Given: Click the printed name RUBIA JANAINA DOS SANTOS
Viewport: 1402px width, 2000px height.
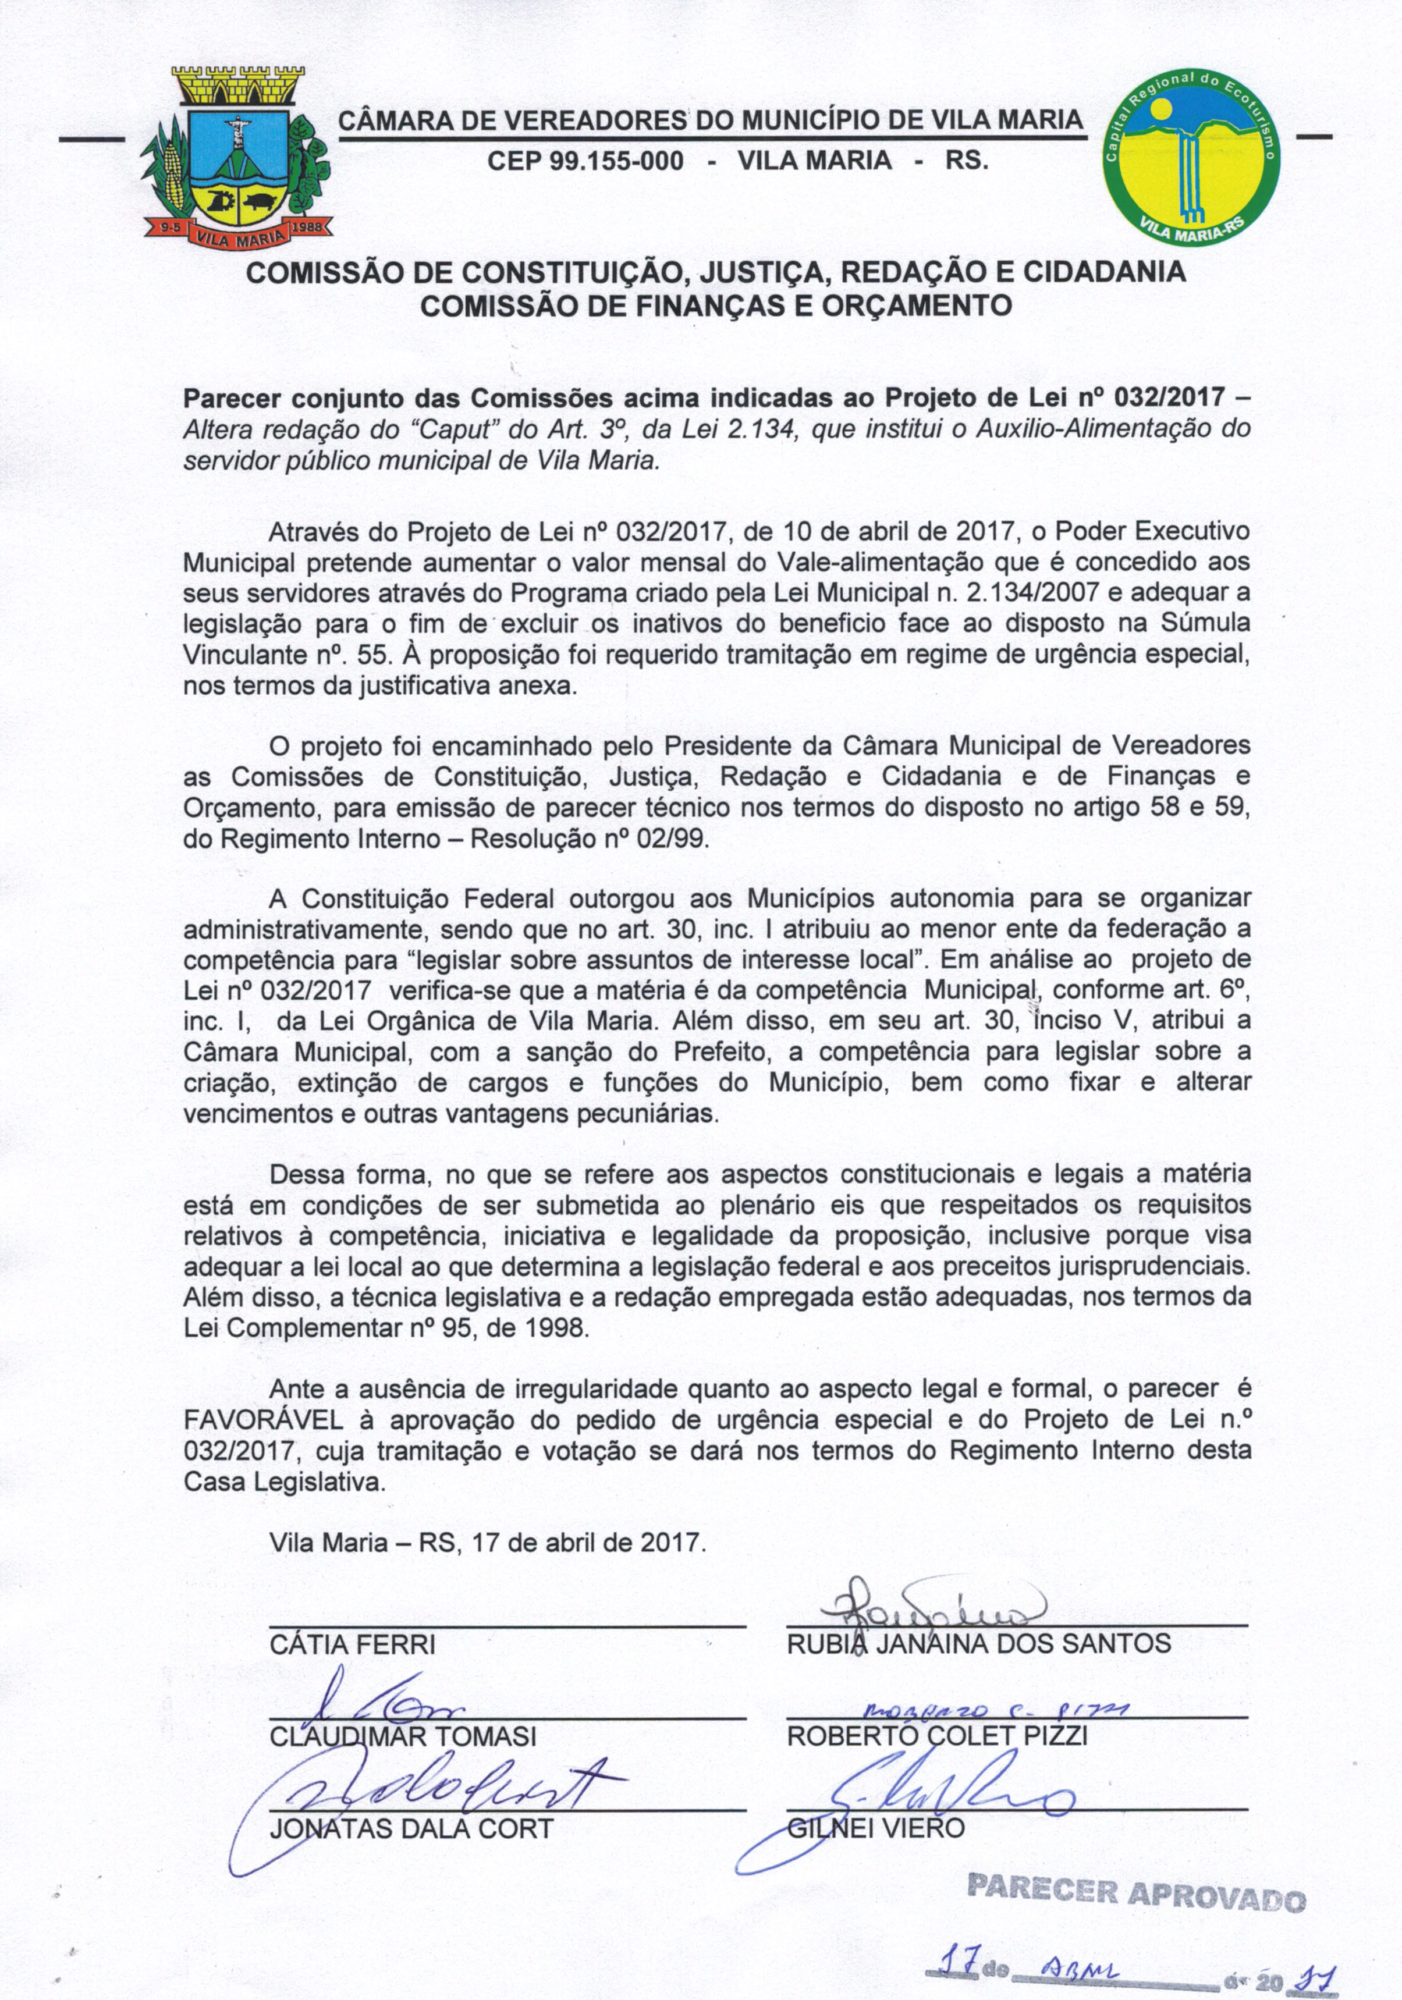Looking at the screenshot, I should tap(978, 1644).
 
